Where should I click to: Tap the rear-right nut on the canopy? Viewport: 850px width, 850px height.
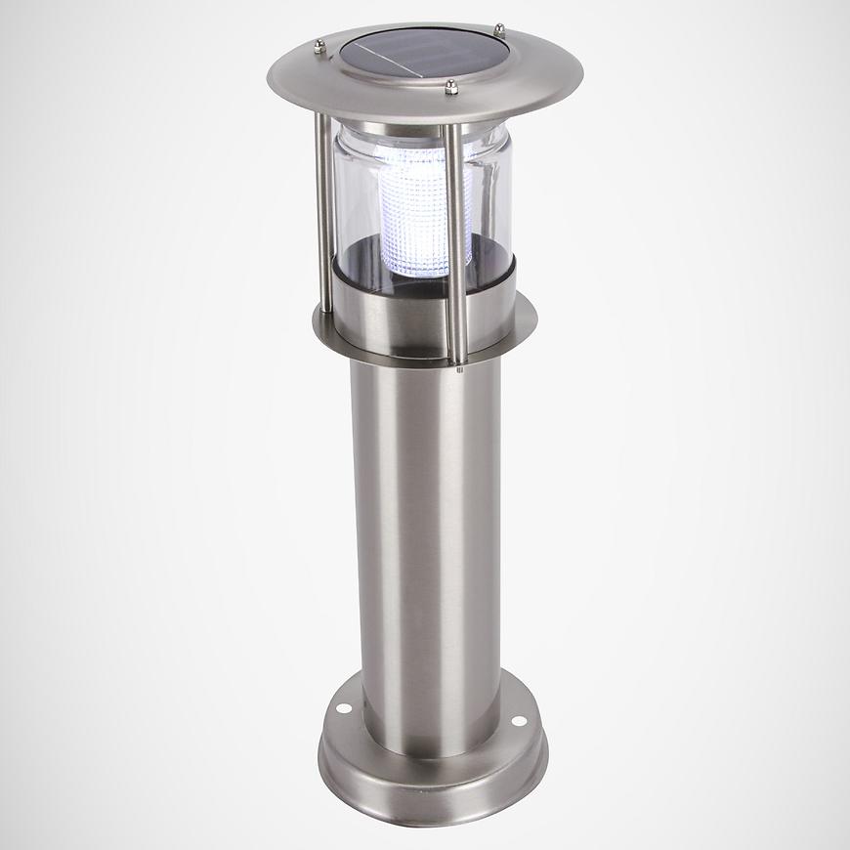click(498, 29)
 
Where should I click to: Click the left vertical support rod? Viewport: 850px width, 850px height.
click(322, 215)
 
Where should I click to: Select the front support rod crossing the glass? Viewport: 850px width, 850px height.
click(454, 234)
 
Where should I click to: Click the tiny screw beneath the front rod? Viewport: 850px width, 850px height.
click(458, 369)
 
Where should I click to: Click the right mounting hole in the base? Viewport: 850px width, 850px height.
click(518, 721)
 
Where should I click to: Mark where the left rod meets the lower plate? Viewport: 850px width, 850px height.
click(325, 311)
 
